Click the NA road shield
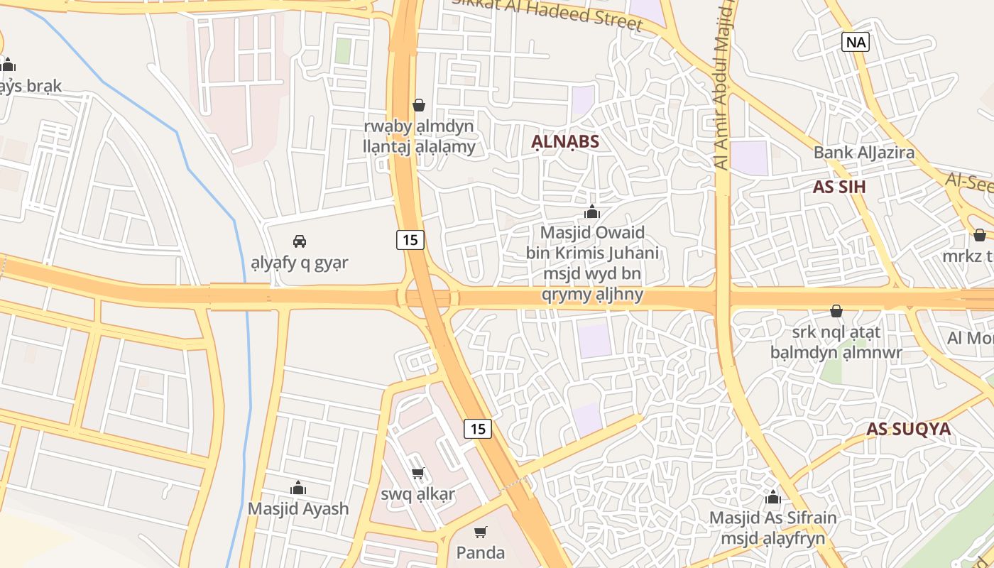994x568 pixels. (x=856, y=42)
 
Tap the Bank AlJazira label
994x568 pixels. (x=863, y=152)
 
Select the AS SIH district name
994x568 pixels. (x=839, y=187)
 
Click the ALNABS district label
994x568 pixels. (x=565, y=141)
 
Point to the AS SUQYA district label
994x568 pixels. (x=908, y=429)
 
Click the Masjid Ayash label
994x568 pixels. (x=298, y=508)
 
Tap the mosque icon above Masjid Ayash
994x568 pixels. (x=298, y=488)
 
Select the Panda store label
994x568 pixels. (x=481, y=552)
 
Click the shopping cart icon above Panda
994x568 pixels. (x=481, y=532)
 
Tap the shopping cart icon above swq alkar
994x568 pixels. (x=418, y=473)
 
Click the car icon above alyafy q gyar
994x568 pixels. (x=300, y=241)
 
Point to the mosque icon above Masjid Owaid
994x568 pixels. (x=591, y=212)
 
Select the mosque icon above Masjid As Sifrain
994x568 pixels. (x=773, y=497)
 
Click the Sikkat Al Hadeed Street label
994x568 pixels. (x=548, y=13)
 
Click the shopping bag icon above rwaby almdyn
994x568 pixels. (x=419, y=105)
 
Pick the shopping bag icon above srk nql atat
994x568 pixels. (x=836, y=311)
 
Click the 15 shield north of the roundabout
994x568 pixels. (x=410, y=240)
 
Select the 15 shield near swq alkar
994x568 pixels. (x=478, y=428)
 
